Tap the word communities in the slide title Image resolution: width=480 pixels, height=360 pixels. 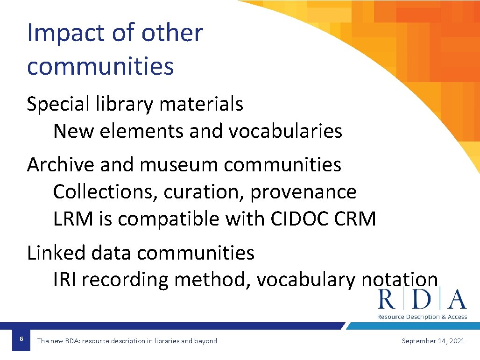tap(100, 66)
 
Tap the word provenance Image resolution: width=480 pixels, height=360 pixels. tap(304, 192)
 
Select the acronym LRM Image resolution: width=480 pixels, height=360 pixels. tap(73, 219)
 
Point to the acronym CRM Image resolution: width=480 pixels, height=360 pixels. tap(355, 219)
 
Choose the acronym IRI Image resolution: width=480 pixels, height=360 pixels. tap(67, 280)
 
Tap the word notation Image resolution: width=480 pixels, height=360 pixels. tap(400, 280)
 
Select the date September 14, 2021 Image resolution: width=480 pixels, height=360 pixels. tap(433, 341)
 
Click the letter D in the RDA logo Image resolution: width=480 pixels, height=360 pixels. tap(422, 299)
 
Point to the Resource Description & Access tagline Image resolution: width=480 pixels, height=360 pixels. tap(422, 317)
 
